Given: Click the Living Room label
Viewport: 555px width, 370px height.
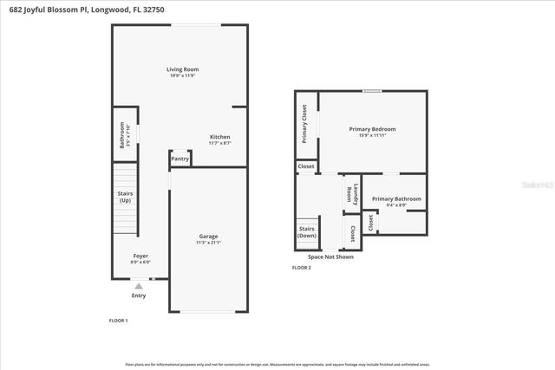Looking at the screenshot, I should [183, 69].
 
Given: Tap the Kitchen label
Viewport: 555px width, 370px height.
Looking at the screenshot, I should [219, 137].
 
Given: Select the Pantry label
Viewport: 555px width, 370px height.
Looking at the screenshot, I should [180, 159].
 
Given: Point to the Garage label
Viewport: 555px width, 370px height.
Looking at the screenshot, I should [208, 236].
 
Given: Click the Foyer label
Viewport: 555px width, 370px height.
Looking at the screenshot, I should [139, 256].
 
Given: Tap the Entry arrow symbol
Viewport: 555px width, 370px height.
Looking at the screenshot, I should [139, 285].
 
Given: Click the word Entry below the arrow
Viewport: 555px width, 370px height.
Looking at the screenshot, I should [139, 295].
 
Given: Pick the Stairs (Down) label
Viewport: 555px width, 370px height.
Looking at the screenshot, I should [307, 232].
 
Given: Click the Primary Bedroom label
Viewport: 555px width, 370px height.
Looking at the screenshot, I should [372, 129].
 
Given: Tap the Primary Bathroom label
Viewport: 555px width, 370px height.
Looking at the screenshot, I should [396, 198].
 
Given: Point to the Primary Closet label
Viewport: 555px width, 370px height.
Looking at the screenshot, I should [304, 123].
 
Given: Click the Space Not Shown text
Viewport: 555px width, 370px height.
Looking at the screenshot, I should [330, 257].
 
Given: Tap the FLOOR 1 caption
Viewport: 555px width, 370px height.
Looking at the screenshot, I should [118, 321].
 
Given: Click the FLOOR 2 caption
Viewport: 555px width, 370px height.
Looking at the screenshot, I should [301, 268].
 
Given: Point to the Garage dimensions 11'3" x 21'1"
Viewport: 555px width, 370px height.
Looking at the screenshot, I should [208, 243].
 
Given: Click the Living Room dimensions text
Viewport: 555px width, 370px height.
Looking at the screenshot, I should [183, 75].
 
